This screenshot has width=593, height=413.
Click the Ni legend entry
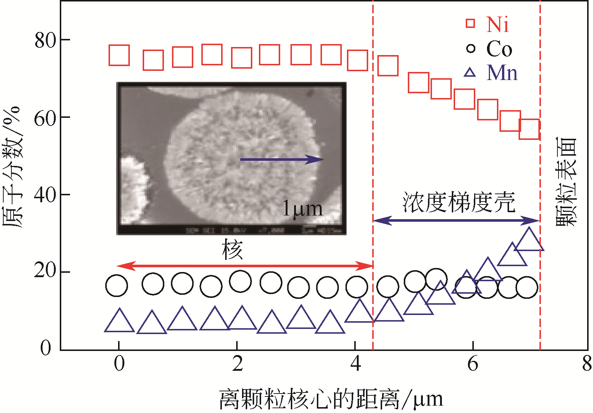pyautogui.click(x=488, y=24)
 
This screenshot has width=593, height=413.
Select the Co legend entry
pyautogui.click(x=489, y=49)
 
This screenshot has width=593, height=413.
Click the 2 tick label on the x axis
pyautogui.click(x=237, y=363)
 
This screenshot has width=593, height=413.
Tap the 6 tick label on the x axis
pyautogui.click(x=473, y=363)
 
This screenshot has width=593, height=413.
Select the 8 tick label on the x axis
pyautogui.click(x=587, y=363)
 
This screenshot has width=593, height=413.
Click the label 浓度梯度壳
pyautogui.click(x=458, y=202)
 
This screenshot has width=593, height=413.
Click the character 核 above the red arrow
pyautogui.click(x=233, y=250)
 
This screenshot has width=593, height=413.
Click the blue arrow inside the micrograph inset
pyautogui.click(x=282, y=159)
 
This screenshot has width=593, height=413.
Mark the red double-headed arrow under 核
pyautogui.click(x=245, y=266)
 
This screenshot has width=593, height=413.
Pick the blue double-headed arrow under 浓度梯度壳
pyautogui.click(x=456, y=221)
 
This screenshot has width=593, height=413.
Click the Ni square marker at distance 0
pyautogui.click(x=119, y=55)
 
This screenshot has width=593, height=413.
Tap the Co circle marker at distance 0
pyautogui.click(x=117, y=286)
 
